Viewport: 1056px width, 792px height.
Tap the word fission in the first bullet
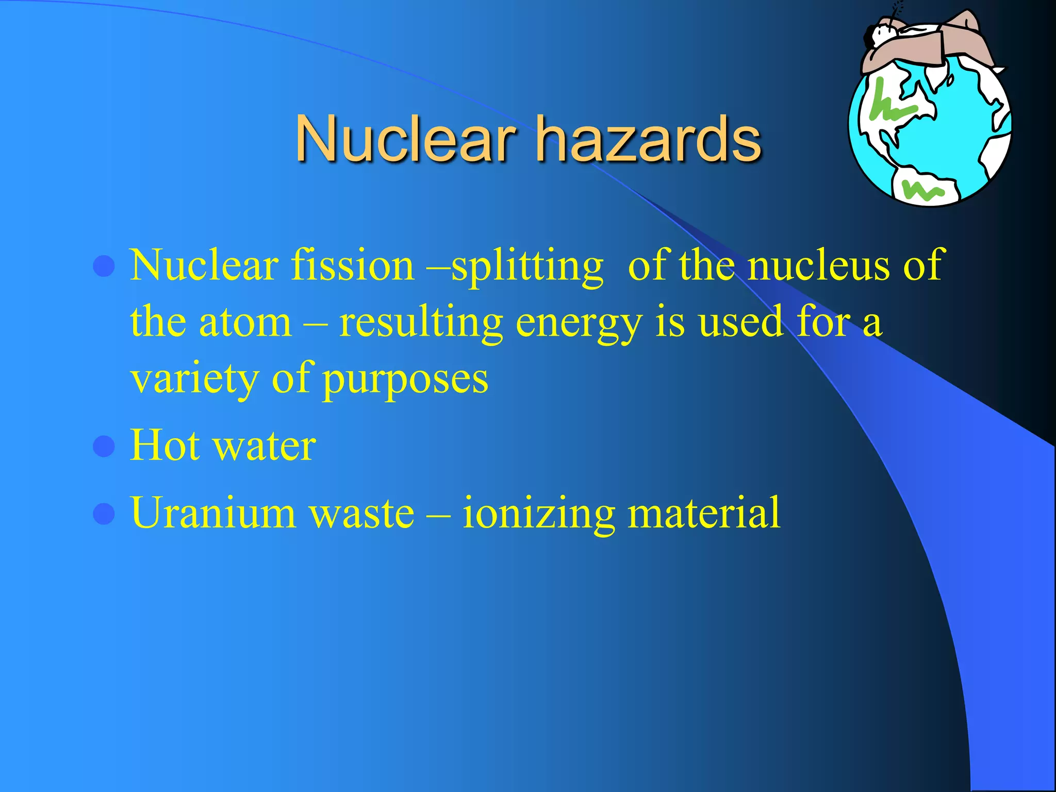point(353,265)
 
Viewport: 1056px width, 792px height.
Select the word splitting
point(527,266)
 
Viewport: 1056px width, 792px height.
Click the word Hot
point(165,445)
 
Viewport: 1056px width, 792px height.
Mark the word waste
point(361,514)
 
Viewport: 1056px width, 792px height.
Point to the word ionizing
point(538,514)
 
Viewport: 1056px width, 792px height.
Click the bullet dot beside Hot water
point(104,447)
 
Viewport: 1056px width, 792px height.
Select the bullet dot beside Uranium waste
point(104,514)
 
